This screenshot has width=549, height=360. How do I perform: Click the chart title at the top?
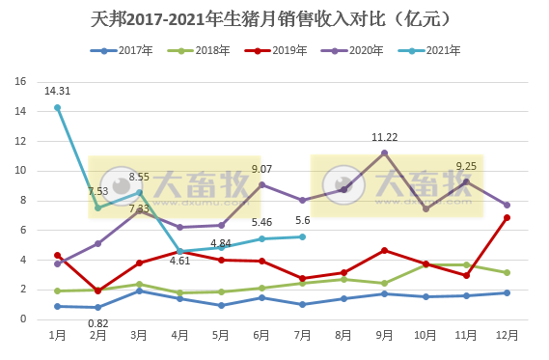274,18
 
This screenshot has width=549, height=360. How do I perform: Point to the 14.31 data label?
57,91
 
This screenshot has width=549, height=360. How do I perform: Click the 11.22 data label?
385,137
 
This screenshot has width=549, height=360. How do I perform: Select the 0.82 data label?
97,336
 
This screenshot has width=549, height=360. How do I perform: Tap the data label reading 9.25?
466,166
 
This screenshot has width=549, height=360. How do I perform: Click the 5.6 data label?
303,222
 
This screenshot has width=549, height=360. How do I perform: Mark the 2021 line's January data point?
57,108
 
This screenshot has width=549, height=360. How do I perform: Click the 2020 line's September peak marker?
384,152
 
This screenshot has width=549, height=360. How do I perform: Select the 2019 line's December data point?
507,217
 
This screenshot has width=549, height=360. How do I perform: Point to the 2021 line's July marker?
303,236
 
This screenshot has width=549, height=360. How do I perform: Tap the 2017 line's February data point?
97,307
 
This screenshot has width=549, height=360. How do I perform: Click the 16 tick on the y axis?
21,82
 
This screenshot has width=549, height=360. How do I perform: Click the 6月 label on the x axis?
261,334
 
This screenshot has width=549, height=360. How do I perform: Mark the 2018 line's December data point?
507,272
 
